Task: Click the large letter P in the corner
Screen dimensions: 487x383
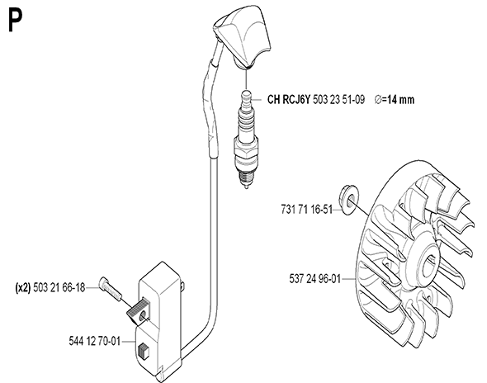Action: click(x=15, y=20)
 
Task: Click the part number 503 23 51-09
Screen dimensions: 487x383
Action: click(x=338, y=100)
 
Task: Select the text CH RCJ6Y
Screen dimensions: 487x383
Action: click(x=289, y=100)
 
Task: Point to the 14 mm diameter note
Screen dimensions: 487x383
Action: click(x=395, y=100)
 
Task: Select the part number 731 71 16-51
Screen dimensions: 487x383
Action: click(x=306, y=210)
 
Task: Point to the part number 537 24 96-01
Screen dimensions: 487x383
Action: click(x=315, y=279)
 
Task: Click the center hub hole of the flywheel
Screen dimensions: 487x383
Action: click(x=428, y=267)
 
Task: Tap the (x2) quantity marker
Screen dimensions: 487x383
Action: click(x=23, y=287)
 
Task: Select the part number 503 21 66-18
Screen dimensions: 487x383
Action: click(x=59, y=287)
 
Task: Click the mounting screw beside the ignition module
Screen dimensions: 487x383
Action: click(x=111, y=289)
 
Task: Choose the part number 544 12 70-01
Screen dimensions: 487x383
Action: click(x=94, y=341)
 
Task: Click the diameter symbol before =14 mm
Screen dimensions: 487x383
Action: click(x=378, y=100)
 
